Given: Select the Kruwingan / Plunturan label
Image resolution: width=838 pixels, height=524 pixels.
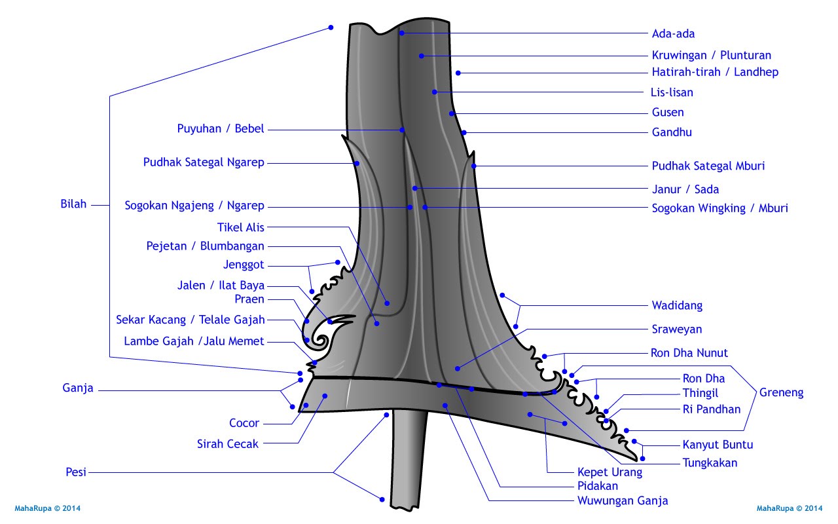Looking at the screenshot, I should [711, 56].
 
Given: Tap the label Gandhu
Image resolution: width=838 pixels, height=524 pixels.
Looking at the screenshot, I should [672, 132].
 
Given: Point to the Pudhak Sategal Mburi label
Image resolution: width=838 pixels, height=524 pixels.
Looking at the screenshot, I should [708, 166].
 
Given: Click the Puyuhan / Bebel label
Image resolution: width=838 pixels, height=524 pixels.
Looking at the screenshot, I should [221, 129].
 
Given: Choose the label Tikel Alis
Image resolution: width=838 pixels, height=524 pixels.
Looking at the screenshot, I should [240, 228].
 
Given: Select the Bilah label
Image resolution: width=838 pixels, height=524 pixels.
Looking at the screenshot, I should [73, 204].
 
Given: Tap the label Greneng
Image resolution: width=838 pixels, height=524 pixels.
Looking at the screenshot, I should [781, 393].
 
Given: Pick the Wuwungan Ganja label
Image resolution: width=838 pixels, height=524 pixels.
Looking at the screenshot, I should [622, 501].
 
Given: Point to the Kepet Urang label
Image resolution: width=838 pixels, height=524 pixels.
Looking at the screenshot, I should [610, 472].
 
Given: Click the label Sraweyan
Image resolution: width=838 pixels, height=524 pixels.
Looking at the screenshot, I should [676, 329].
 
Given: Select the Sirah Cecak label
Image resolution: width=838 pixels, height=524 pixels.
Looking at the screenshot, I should [228, 444].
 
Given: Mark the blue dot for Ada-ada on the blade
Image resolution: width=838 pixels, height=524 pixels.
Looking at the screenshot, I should [401, 33].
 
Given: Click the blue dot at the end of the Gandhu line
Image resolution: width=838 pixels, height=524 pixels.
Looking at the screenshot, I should [464, 132].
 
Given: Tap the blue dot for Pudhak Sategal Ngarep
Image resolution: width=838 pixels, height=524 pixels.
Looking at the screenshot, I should [357, 162].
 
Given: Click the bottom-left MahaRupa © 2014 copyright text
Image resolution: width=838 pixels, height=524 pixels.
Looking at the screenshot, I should [47, 508].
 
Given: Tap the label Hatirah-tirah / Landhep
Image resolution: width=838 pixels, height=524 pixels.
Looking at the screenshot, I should [715, 73].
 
